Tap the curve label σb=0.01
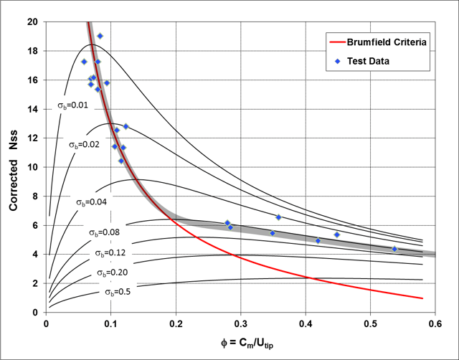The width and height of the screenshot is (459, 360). point(73,105)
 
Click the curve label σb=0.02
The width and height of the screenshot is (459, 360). point(85,145)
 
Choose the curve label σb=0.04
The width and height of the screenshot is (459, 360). point(92,202)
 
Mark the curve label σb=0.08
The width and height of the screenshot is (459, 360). point(105,232)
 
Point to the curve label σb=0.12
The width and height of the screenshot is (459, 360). point(111,253)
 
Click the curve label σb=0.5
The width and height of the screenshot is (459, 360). point(118,291)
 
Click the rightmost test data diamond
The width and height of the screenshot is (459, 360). point(394,249)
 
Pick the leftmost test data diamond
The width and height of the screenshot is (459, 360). point(84,62)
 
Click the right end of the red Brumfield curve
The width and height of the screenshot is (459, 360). point(422,298)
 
